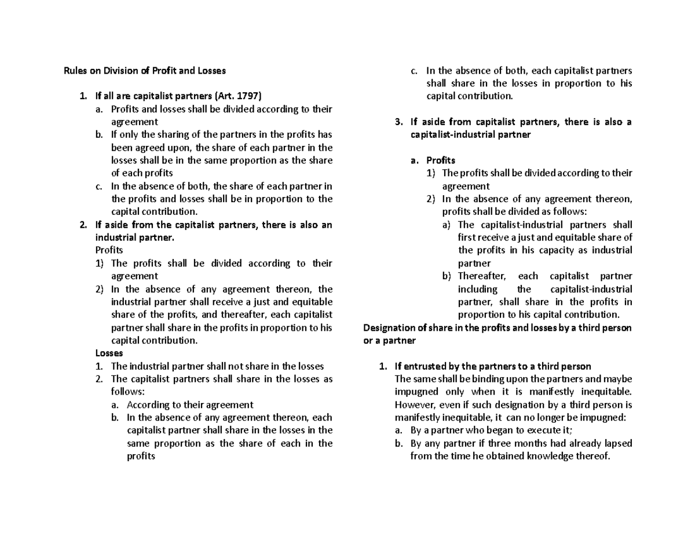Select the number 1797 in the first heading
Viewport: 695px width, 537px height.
point(250,96)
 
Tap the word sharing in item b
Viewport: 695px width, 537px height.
point(167,135)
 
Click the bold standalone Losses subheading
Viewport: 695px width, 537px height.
point(109,353)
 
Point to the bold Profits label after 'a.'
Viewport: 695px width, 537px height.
point(441,160)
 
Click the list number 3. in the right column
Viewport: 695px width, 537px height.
point(398,122)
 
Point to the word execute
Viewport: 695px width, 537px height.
point(547,430)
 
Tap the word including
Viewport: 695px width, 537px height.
point(477,288)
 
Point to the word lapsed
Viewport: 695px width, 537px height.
point(617,443)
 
